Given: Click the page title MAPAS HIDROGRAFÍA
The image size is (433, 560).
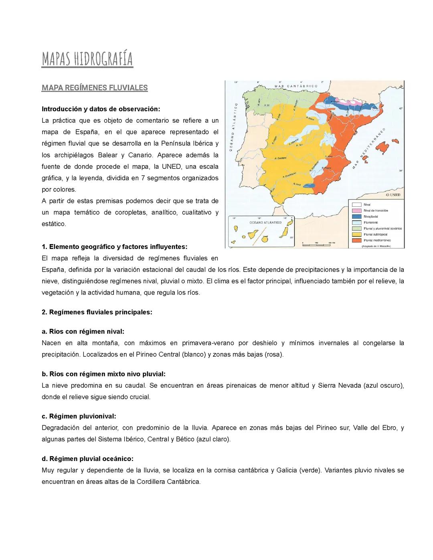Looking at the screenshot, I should coord(87,59).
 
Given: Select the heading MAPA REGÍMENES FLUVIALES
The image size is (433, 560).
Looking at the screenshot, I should coord(95,88).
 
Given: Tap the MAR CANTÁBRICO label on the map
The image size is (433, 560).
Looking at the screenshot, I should coord(296,86).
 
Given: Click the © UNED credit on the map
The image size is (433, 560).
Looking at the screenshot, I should coord(393,195).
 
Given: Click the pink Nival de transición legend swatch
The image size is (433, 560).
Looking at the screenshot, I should coord(356,210).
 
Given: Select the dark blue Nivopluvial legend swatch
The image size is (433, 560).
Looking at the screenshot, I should coord(356,216).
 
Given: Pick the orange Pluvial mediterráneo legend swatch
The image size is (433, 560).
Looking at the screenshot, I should coord(356,241).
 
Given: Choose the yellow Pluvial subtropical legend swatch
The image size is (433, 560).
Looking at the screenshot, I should coord(356,235).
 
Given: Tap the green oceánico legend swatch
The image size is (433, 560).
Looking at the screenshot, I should coord(356,228).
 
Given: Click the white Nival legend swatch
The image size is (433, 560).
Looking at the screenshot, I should coord(356,204).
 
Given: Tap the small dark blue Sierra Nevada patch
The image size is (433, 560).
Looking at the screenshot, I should coord(309,185).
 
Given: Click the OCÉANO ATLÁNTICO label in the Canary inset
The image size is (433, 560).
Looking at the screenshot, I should coord(261,222).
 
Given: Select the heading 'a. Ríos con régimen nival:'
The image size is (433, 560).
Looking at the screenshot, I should coord(83,332).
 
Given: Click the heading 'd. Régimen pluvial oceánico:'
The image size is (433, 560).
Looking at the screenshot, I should coord(87,459).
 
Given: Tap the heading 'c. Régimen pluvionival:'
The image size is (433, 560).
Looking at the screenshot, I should coord(79,416).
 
